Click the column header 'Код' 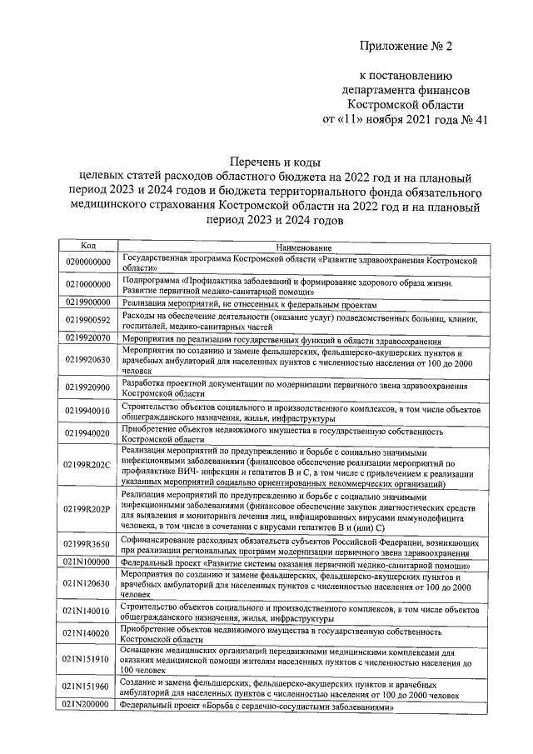click(x=87, y=246)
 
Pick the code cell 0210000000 click(x=87, y=285)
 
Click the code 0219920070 click(x=87, y=339)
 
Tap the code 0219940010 click(x=87, y=411)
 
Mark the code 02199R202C click(x=87, y=465)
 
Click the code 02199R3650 click(x=87, y=544)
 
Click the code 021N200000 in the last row click(x=87, y=704)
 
